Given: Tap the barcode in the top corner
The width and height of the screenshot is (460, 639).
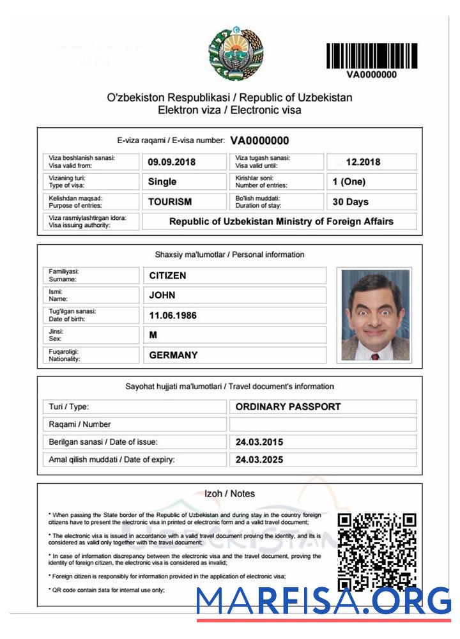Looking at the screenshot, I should [371, 56].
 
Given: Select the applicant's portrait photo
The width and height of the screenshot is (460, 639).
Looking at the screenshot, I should [375, 315].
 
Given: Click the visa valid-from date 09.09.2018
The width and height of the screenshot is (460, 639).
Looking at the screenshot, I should [171, 162].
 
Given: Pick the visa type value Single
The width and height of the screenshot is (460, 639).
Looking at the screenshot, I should [162, 181].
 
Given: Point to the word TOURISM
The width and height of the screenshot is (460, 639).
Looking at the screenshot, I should [170, 202].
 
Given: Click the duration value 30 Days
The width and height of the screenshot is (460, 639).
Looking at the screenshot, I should [351, 202].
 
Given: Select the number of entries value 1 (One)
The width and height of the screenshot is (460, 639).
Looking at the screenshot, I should [349, 181].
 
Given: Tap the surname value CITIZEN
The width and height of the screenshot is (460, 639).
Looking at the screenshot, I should [167, 275].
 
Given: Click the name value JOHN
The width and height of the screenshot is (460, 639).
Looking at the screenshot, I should [162, 295].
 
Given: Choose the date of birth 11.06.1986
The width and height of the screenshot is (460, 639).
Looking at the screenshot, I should [172, 315].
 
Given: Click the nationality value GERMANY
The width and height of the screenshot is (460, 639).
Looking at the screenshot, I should [173, 355].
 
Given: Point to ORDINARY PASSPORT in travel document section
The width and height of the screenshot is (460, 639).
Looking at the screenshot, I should [288, 406].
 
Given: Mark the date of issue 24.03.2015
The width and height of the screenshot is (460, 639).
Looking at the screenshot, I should [259, 442].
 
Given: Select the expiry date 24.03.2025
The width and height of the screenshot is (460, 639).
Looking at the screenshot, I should [259, 459].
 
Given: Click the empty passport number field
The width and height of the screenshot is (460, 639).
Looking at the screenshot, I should [323, 424].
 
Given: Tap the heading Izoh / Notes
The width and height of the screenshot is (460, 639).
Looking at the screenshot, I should [229, 493].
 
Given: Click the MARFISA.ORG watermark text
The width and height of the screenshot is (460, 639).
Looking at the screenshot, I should [323, 601].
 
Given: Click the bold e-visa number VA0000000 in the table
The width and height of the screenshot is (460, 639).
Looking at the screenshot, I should [259, 141].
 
